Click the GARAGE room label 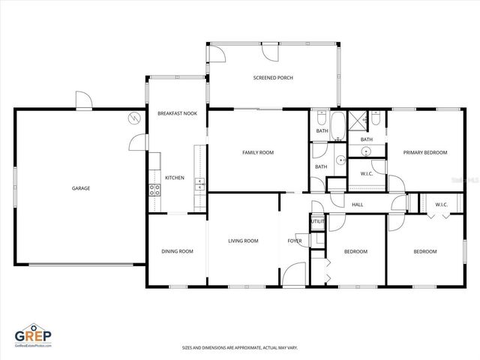pyautogui.click(x=81, y=188)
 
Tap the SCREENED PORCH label pyautogui.click(x=272, y=78)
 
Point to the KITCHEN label pyautogui.click(x=175, y=178)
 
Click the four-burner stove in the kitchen pyautogui.click(x=155, y=190)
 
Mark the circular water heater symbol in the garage pyautogui.click(x=133, y=118)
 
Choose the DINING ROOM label pyautogui.click(x=177, y=251)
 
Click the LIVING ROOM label pyautogui.click(x=243, y=241)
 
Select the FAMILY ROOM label pyautogui.click(x=257, y=152)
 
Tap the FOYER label pyautogui.click(x=295, y=241)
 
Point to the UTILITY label pyautogui.click(x=317, y=222)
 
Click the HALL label pyautogui.click(x=358, y=204)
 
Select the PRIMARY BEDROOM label pyautogui.click(x=425, y=152)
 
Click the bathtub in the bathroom pyautogui.click(x=337, y=126)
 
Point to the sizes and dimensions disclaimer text pyautogui.click(x=240, y=347)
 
